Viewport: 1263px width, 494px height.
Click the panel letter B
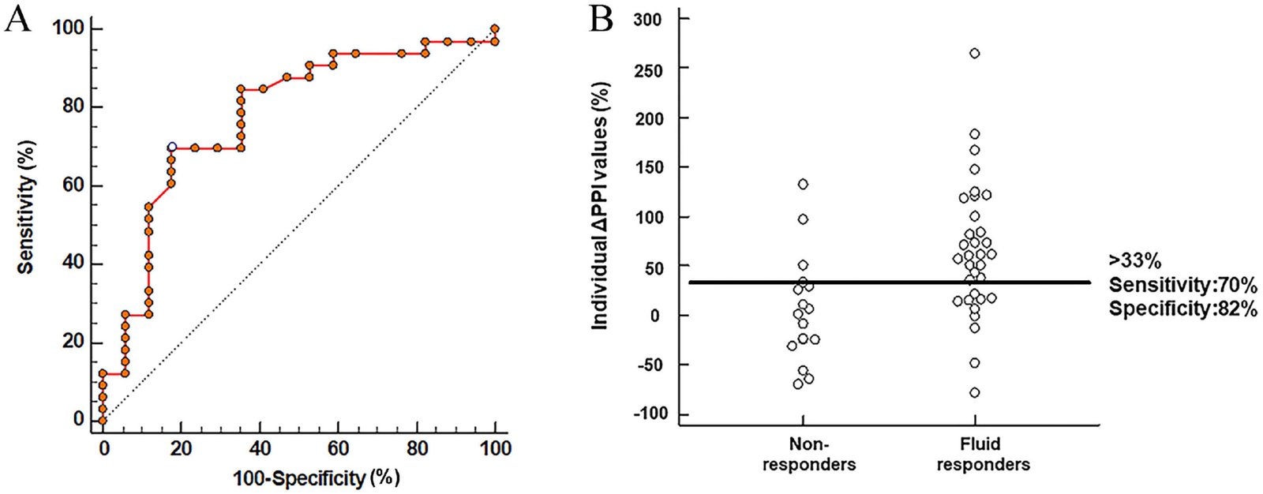(x=601, y=18)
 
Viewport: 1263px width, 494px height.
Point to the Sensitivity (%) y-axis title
(x=26, y=208)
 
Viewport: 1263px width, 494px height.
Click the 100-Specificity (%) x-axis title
(x=316, y=477)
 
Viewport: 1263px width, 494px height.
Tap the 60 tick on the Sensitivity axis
(x=73, y=185)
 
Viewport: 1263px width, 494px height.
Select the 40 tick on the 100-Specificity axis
(x=260, y=448)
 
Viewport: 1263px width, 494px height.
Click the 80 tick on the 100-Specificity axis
(x=417, y=448)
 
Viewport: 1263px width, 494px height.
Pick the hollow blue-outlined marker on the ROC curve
(x=172, y=148)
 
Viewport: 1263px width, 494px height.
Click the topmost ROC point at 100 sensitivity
(x=495, y=29)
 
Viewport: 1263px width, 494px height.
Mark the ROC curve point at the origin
(x=102, y=420)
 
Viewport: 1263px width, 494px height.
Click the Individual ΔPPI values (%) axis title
(x=601, y=205)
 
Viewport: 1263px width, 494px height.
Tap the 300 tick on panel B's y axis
(x=648, y=19)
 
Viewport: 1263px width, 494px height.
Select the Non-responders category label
(x=808, y=454)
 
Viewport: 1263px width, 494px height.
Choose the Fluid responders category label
(x=983, y=454)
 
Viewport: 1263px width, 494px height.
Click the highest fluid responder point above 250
(x=975, y=54)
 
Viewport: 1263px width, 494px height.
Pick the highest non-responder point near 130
(x=803, y=185)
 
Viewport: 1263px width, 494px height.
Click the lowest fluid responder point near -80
(x=975, y=393)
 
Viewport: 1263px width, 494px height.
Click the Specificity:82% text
(x=1182, y=309)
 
